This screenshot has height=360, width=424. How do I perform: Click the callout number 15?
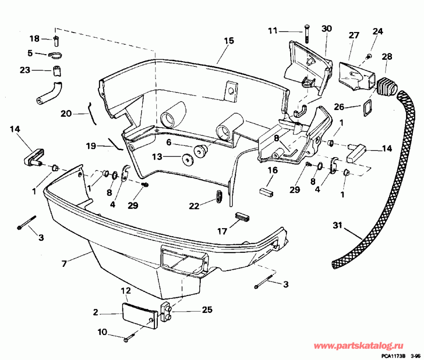pyautogui.click(x=228, y=41)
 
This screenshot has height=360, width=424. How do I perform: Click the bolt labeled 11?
pyautogui.click(x=306, y=32)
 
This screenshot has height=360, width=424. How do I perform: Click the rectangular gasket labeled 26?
pyautogui.click(x=366, y=108)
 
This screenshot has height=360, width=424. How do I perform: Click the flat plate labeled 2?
pyautogui.click(x=139, y=313)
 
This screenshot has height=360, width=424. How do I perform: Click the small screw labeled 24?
pyautogui.click(x=369, y=56)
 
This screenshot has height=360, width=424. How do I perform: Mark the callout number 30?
pyautogui.click(x=326, y=28)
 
